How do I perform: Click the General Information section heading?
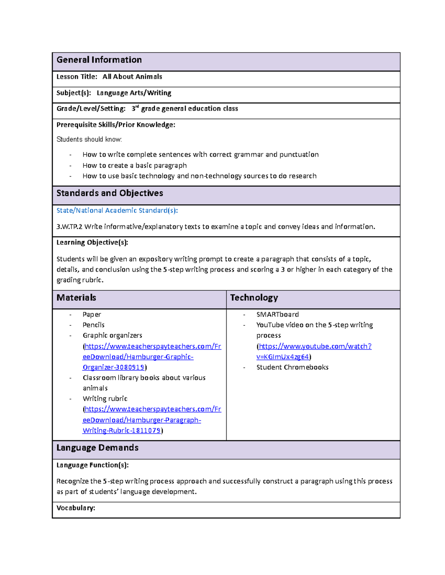pos(99,60)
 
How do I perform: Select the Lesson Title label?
pos(77,77)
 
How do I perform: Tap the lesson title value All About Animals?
pos(132,77)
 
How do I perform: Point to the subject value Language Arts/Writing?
pos(134,93)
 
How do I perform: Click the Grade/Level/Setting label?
pos(91,109)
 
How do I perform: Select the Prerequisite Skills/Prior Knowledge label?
pos(116,125)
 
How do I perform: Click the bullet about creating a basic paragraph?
pos(135,166)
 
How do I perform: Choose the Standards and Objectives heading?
pos(110,193)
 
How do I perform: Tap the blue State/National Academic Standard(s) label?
pos(117,211)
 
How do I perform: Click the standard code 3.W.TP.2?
pos(69,227)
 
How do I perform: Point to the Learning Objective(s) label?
pos(92,243)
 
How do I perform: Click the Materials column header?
pos(76,298)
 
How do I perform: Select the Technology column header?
pos(254,298)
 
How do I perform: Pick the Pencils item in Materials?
pos(93,325)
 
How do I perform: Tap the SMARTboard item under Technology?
pos(277,314)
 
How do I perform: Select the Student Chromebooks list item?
pos(292,367)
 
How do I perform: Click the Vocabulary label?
pos(76,508)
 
